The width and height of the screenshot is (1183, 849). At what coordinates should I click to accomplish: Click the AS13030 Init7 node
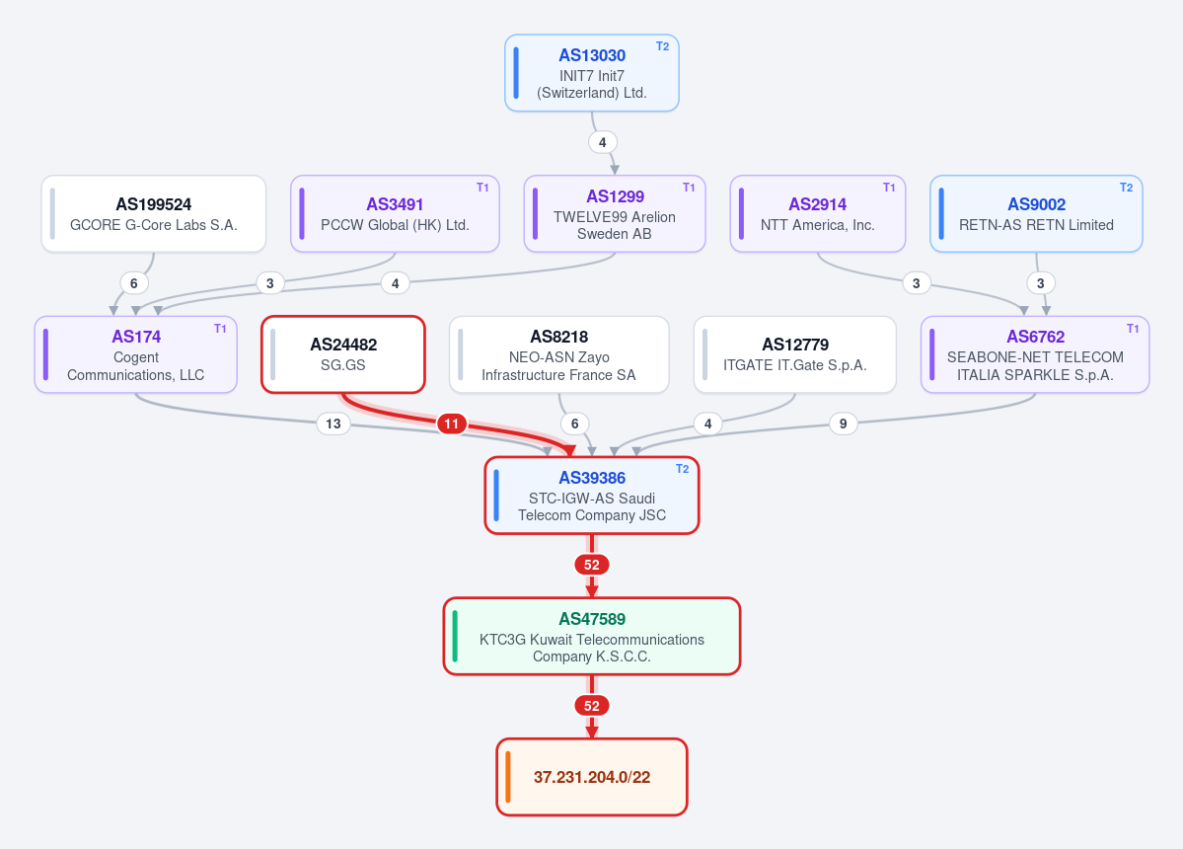pos(592,73)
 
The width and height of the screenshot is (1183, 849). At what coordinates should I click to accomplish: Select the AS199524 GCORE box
pos(154,213)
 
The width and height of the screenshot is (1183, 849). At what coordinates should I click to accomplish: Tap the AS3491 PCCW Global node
pos(395,213)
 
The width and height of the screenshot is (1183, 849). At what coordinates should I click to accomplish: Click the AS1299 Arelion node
pos(615,213)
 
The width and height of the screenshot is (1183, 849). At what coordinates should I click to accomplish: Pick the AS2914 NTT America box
pos(818,213)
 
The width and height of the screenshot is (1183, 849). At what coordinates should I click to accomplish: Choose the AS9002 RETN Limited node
pos(1036,213)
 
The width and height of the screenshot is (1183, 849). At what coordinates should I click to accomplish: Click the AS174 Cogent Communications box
pos(136,354)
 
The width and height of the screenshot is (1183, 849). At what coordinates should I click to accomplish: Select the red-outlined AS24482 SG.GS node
pos(343,354)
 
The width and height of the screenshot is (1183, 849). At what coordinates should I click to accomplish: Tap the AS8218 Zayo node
pos(559,354)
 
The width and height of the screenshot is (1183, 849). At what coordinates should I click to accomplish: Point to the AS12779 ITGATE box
pos(795,354)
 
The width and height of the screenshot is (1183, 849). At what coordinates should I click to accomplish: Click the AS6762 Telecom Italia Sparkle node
pos(1035,354)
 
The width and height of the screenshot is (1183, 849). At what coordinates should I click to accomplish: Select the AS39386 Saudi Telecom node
pos(592,496)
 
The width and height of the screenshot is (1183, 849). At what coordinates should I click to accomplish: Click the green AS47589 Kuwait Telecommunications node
pos(592,636)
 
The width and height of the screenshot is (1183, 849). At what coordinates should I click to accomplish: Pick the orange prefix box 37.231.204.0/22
pos(592,777)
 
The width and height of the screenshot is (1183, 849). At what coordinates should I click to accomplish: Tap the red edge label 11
pos(451,424)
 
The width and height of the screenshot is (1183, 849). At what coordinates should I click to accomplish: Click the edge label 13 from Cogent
pos(333,424)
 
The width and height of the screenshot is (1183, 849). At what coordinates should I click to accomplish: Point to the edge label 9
pos(843,424)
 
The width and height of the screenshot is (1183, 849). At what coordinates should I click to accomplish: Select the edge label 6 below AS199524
pos(134,283)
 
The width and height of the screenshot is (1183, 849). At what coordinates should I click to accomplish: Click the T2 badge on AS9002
pos(1127,188)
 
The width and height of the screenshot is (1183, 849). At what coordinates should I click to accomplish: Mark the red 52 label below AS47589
pos(592,706)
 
